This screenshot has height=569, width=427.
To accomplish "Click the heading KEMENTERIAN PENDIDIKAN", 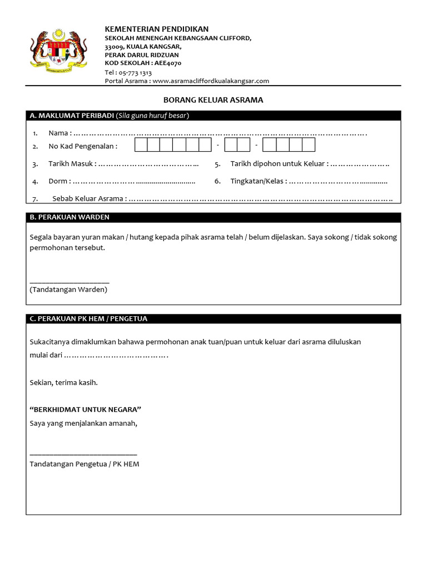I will [157, 29].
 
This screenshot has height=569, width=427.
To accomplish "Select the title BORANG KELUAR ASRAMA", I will [213, 100].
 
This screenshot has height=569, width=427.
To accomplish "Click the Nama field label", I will [59, 133].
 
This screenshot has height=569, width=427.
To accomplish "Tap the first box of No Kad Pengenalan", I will [141, 145].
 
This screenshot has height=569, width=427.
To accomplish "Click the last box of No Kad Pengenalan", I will [309, 145].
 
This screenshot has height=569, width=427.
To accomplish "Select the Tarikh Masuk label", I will [72, 164].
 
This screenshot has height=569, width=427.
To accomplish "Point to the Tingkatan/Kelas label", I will [258, 181].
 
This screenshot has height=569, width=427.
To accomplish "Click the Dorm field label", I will [59, 181].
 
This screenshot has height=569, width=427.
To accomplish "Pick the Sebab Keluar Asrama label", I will [88, 198].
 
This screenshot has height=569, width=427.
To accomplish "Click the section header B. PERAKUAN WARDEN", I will [69, 217].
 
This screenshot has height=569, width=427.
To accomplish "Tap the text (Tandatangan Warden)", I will [68, 290].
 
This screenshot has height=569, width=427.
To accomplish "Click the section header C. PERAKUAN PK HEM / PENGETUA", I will [88, 318].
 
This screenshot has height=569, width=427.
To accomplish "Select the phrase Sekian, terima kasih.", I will [64, 383].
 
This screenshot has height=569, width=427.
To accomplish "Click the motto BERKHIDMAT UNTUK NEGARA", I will [86, 410].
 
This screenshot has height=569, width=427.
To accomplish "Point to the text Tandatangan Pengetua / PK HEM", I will [85, 464].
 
